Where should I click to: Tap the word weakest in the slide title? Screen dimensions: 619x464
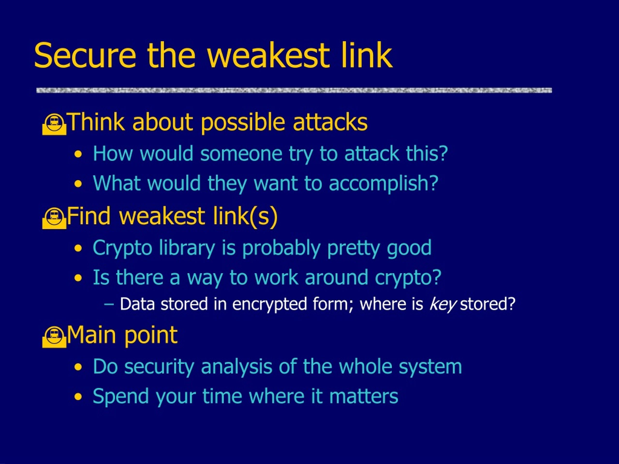coord(268,55)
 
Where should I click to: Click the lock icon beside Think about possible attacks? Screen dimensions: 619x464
coord(54,124)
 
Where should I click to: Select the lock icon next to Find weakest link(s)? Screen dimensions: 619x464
coord(54,218)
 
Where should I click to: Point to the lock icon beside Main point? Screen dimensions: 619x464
coord(54,337)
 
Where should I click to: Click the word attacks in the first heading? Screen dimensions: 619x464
coord(330,122)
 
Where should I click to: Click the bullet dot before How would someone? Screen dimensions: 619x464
coord(78,154)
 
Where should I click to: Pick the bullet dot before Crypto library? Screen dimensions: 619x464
coord(78,249)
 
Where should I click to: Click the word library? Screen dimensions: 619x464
coord(187,248)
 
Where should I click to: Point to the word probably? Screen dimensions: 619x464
coord(281,248)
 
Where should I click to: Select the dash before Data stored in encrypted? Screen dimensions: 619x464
coord(109,304)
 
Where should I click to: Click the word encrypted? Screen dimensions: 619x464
coord(270,304)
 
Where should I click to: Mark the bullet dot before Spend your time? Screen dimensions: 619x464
coord(78,397)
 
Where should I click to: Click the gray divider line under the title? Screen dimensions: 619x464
coord(294,90)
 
